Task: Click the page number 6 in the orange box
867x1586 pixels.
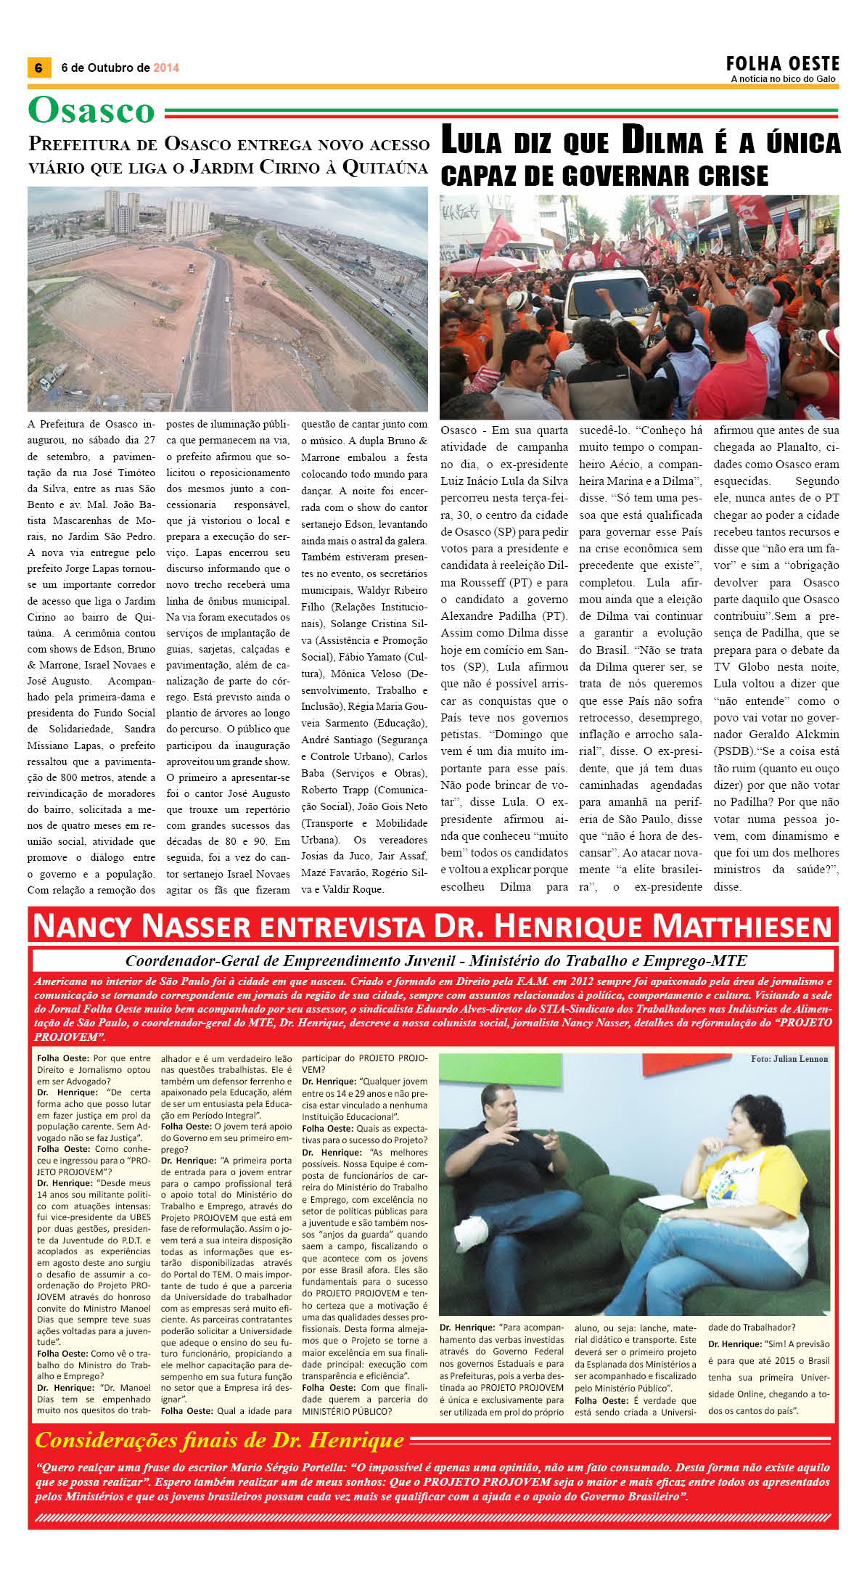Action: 38,68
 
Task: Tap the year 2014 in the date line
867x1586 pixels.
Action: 166,68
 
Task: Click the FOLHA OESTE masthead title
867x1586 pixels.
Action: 782,64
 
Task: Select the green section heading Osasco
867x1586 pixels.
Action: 91,111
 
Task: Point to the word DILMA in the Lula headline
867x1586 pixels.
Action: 662,142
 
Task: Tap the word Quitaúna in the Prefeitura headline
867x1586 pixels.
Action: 385,168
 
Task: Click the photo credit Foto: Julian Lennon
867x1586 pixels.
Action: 789,1059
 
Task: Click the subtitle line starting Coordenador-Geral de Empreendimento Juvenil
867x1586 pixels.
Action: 435,961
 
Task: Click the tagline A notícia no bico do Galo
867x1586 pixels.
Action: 783,79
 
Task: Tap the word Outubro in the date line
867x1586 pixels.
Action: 112,68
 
